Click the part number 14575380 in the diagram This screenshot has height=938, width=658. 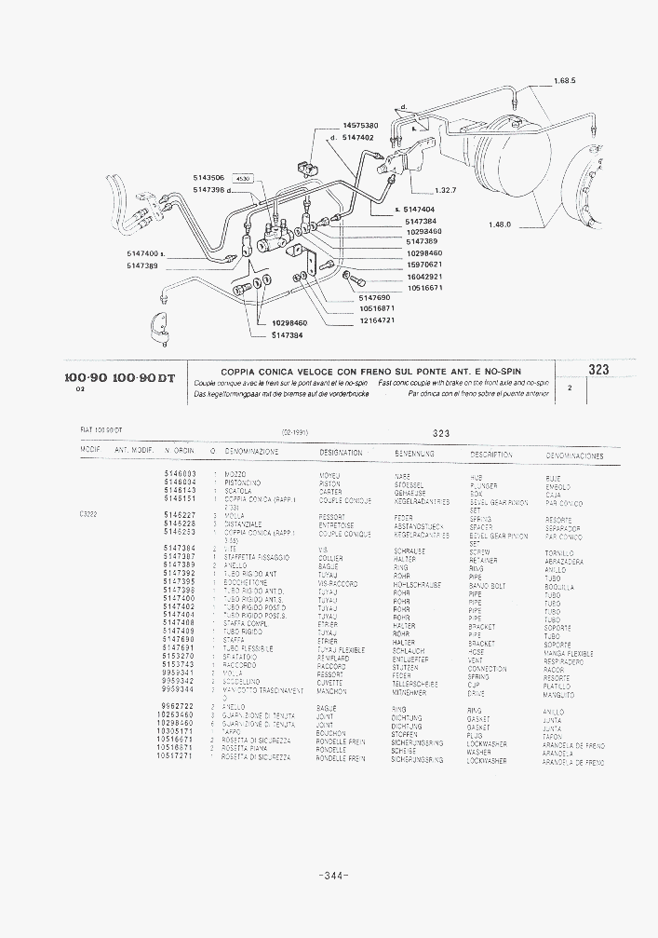[x=360, y=125]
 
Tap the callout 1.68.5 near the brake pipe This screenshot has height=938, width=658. [x=564, y=81]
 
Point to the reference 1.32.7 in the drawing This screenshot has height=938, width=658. [x=446, y=190]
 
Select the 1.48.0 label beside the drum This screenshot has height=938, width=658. [x=501, y=224]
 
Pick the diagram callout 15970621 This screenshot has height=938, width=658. [x=423, y=265]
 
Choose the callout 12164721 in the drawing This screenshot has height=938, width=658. [x=377, y=320]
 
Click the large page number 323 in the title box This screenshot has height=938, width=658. [x=598, y=370]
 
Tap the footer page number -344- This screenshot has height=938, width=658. [x=332, y=876]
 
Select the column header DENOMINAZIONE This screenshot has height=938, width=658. [x=251, y=451]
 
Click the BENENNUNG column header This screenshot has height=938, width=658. [x=414, y=453]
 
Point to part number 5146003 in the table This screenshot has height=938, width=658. [x=179, y=473]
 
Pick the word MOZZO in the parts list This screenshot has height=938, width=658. [x=235, y=474]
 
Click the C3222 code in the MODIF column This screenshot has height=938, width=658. [x=89, y=513]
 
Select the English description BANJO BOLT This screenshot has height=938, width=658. [x=487, y=586]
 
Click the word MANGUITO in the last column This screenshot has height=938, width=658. [x=559, y=696]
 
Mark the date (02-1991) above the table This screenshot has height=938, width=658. [x=295, y=432]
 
